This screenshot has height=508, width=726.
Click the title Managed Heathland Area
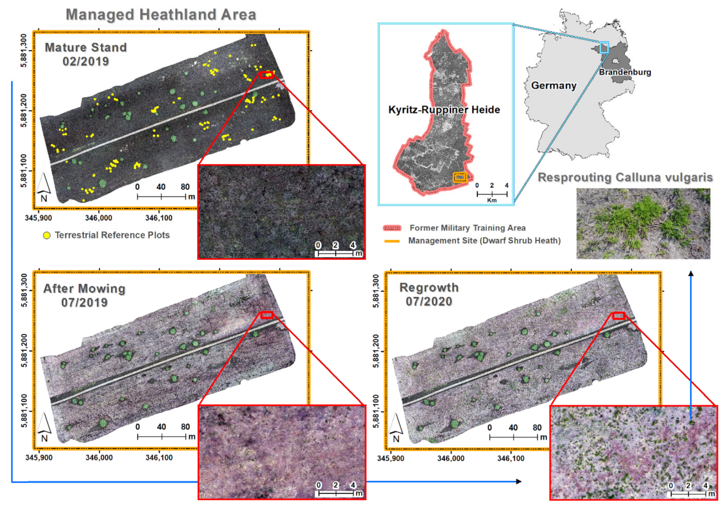click(x=161, y=15)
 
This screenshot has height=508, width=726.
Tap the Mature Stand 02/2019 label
click(x=86, y=54)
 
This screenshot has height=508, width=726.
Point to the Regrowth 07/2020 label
click(x=429, y=294)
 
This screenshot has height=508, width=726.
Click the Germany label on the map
click(x=554, y=85)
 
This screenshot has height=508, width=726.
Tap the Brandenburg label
click(x=625, y=72)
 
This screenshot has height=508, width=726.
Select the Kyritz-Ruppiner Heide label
click(x=444, y=110)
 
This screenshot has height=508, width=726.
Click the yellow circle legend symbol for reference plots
click(x=47, y=235)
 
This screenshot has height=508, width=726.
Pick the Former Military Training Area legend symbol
click(x=392, y=228)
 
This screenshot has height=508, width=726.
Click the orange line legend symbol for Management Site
click(x=392, y=241)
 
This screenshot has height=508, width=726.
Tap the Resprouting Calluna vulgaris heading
click(x=625, y=177)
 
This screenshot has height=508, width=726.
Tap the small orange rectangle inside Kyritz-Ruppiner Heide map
click(x=460, y=177)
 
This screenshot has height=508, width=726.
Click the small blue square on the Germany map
click(x=604, y=47)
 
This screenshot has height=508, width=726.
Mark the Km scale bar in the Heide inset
click(x=492, y=194)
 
